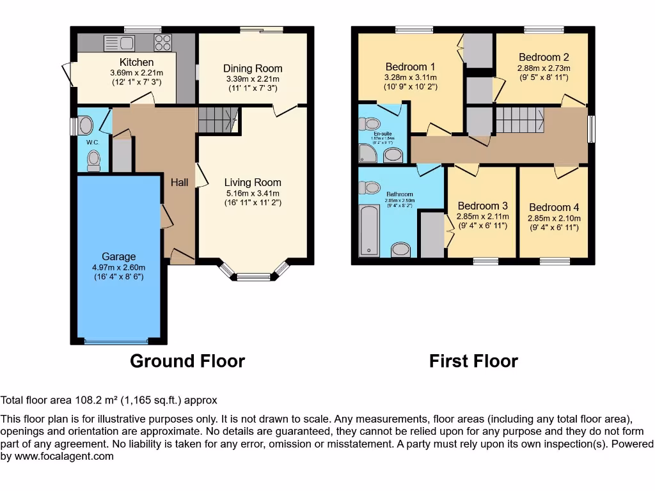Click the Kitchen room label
tap(136, 62)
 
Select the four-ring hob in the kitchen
tap(162, 43)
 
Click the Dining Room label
tap(252, 68)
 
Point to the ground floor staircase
tap(217, 120)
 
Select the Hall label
tap(179, 183)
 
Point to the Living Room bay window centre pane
tap(253, 277)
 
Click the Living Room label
tap(252, 182)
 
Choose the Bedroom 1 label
tap(410, 66)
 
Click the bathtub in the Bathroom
tap(369, 230)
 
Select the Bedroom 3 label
tap(482, 206)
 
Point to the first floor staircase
tap(519, 120)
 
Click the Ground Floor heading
tap(187, 361)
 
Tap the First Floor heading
tap(473, 361)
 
